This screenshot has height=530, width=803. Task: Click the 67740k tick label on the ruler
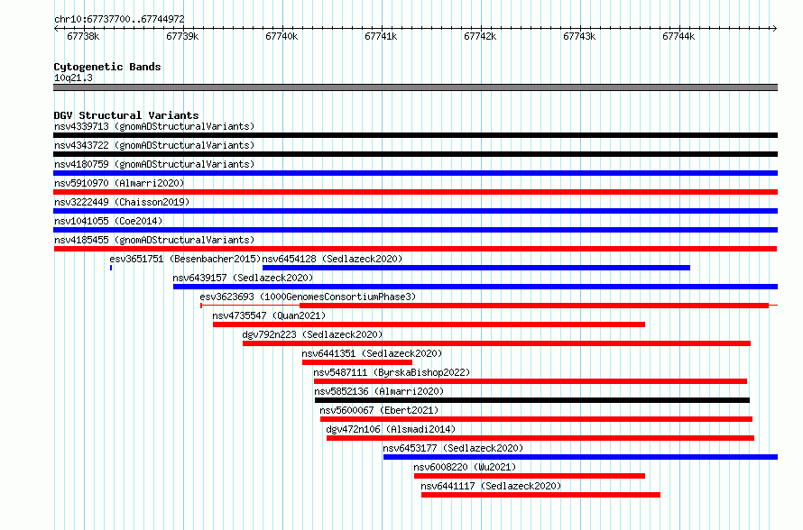(x=282, y=36)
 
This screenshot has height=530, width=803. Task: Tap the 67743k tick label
(x=579, y=36)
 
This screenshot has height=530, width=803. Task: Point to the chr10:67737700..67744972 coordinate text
(x=119, y=19)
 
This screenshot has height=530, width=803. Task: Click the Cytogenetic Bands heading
(x=107, y=67)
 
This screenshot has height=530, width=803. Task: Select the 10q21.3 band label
(x=73, y=78)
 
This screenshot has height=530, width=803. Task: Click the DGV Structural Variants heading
(x=126, y=115)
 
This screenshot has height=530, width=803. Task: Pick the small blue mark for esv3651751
(x=111, y=268)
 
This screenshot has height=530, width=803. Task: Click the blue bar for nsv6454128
(x=476, y=268)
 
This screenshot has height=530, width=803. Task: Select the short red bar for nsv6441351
(x=357, y=362)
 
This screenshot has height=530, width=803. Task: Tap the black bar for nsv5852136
(x=532, y=400)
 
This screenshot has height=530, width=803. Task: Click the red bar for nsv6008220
(x=530, y=476)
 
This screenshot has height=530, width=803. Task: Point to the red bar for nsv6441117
(x=540, y=495)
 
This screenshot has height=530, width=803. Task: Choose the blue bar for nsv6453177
(x=580, y=457)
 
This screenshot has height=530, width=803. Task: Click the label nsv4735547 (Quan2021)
(x=269, y=315)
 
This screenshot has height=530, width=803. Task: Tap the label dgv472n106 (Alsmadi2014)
(x=391, y=429)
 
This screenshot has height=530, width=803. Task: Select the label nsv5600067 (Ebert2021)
(x=379, y=410)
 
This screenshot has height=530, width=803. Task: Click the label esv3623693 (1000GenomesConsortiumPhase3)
(x=308, y=297)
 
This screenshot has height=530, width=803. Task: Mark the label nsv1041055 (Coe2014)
(x=108, y=221)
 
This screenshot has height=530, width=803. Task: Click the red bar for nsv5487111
(x=530, y=381)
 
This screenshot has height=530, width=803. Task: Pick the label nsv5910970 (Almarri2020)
(x=119, y=183)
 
